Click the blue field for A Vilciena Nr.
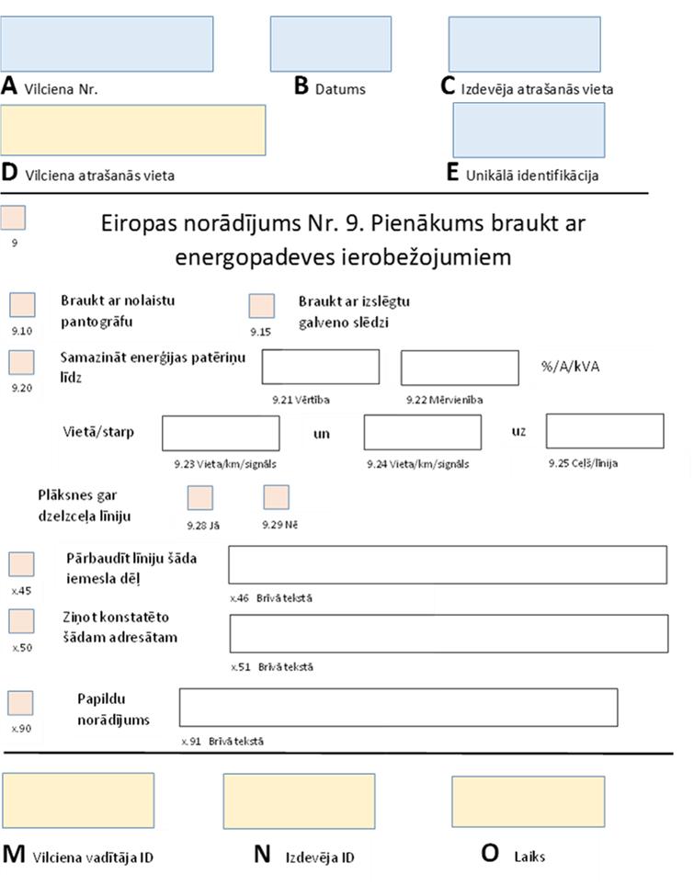tap(108, 43)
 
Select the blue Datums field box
tap(318, 43)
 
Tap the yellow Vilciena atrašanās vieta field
tap(133, 130)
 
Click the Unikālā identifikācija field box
tap(529, 130)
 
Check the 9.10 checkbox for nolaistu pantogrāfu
tap(22, 305)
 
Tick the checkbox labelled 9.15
tap(262, 306)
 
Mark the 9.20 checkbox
tap(22, 362)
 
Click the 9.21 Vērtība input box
tap(320, 367)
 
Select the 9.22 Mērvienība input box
tap(460, 368)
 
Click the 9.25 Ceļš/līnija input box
tap(604, 431)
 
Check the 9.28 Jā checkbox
tap(199, 498)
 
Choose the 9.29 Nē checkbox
tap(276, 497)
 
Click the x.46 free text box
tap(448, 564)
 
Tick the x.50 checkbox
tap(22, 621)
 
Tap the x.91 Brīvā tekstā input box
tap(398, 707)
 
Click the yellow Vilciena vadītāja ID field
tap(78, 801)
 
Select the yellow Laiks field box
tap(528, 801)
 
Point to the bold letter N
tap(262, 855)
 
